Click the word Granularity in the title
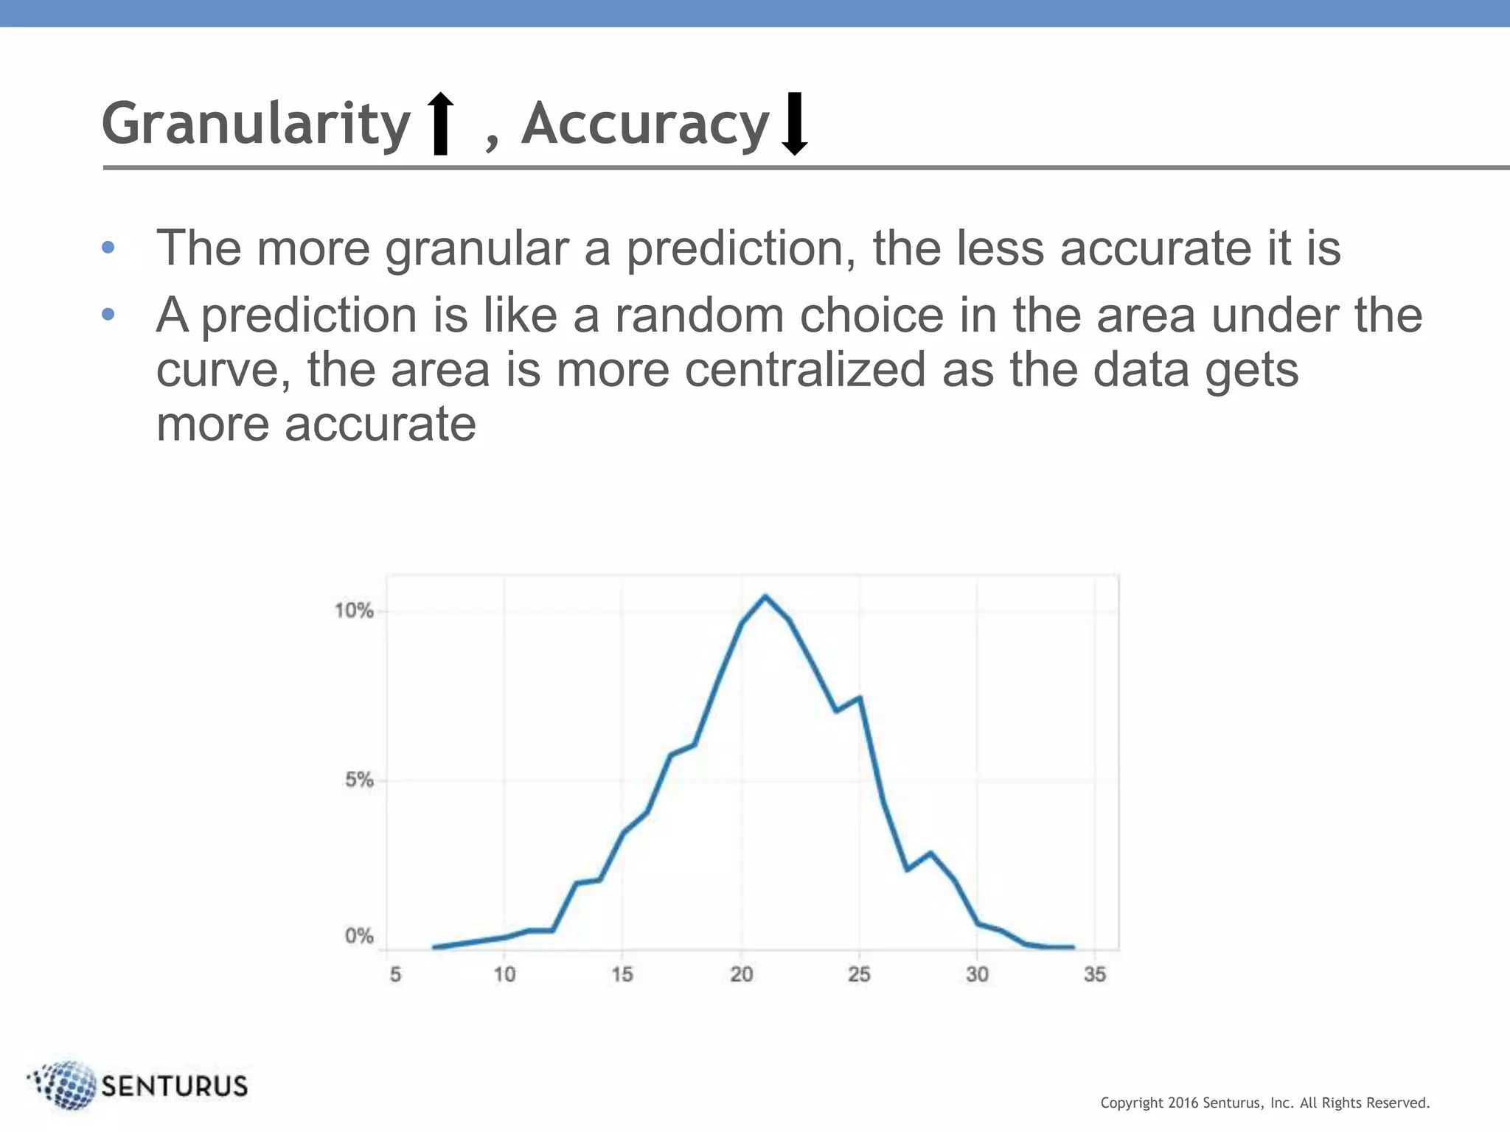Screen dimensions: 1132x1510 [256, 124]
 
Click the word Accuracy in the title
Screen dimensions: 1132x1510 [645, 124]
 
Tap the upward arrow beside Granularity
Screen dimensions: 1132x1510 [441, 123]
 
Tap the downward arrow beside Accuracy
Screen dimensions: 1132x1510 [794, 123]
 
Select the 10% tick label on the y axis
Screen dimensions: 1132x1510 [354, 611]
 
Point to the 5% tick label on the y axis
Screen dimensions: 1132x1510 [359, 780]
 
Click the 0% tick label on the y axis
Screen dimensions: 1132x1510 [359, 936]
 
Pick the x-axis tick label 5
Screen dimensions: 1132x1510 [395, 974]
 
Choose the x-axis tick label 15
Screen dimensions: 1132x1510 [622, 974]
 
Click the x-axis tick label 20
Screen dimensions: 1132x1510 [741, 974]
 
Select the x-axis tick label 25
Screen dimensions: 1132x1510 [859, 974]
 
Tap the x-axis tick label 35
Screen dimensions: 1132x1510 [1095, 974]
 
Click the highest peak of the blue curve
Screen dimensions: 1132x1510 [765, 596]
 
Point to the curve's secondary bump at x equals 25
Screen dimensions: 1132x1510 [859, 698]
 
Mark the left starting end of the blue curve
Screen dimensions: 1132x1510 [434, 947]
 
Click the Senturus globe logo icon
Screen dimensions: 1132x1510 [65, 1085]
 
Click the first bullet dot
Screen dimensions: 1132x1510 [108, 248]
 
